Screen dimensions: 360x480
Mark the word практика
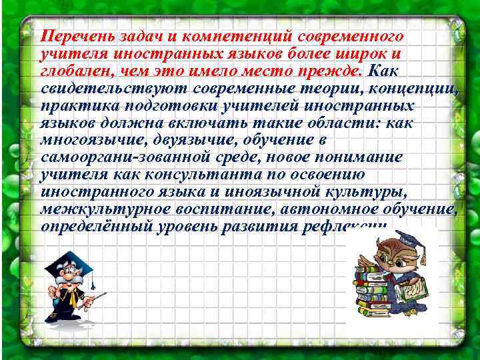[74, 107]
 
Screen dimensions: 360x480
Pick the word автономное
[319, 212]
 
